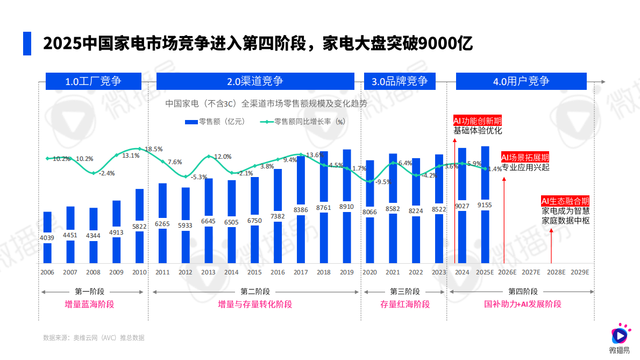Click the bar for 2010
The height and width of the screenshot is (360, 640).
pyautogui.click(x=139, y=226)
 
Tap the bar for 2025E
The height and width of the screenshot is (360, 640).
pyautogui.click(x=485, y=204)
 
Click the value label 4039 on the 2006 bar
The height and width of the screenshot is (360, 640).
pyautogui.click(x=47, y=238)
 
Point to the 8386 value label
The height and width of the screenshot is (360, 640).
pyautogui.click(x=301, y=210)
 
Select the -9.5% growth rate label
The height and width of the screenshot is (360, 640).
pyautogui.click(x=383, y=182)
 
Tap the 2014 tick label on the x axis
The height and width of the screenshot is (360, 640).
pyautogui.click(x=231, y=272)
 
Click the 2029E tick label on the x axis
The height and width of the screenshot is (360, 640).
pyautogui.click(x=579, y=272)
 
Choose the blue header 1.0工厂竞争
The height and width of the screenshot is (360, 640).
pyautogui.click(x=93, y=81)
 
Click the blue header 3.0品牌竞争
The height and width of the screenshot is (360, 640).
pyautogui.click(x=399, y=81)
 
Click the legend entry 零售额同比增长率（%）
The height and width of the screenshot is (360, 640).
pyautogui.click(x=302, y=122)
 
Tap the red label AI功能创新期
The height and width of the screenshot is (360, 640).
pyautogui.click(x=478, y=120)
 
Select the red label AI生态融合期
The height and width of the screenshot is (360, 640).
pyautogui.click(x=565, y=201)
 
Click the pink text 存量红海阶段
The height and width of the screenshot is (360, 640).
pyautogui.click(x=405, y=304)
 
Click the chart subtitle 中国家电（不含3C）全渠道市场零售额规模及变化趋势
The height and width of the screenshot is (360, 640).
pyautogui.click(x=266, y=103)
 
